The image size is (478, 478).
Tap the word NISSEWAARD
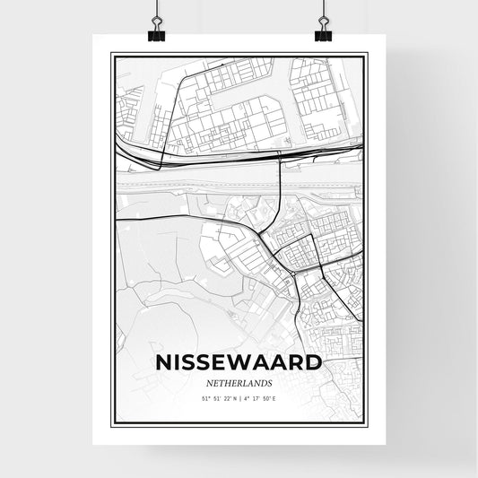(x=239, y=363)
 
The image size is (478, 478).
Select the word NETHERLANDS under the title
(x=239, y=382)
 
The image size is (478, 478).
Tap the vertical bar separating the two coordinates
(x=240, y=398)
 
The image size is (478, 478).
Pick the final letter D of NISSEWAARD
(x=313, y=363)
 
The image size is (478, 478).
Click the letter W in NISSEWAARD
(x=243, y=363)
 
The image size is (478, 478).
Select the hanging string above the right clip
(x=323, y=9)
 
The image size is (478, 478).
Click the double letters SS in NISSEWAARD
(x=196, y=363)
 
